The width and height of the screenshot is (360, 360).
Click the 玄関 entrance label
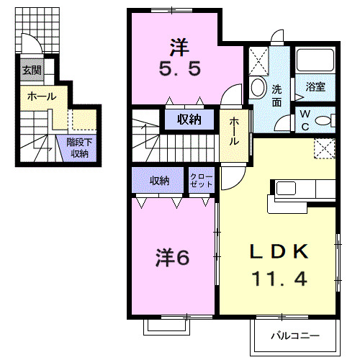click(x=31, y=71)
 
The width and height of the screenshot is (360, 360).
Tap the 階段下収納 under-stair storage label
click(x=78, y=148)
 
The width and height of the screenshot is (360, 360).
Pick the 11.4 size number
click(x=279, y=278)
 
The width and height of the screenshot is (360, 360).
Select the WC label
click(x=305, y=119)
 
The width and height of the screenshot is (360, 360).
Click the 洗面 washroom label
click(x=278, y=96)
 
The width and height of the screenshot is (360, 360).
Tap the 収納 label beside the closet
click(x=160, y=181)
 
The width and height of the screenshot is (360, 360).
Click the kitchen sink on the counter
click(x=287, y=189)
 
